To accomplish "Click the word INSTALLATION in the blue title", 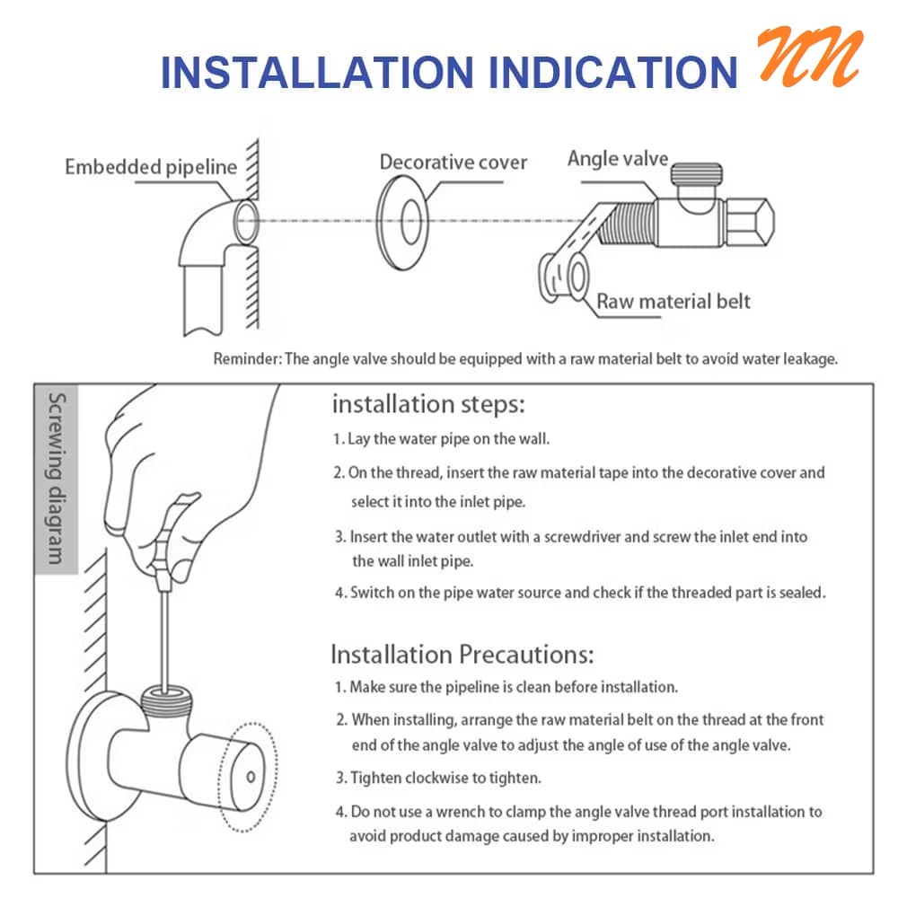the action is (317, 73).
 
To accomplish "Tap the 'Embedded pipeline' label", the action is (151, 167).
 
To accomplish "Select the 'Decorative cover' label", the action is (453, 162).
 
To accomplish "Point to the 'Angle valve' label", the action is (618, 158).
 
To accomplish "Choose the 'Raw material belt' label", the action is (673, 301).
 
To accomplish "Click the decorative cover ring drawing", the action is (402, 222).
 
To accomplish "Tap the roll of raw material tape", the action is (564, 277).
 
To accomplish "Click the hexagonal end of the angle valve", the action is (749, 222).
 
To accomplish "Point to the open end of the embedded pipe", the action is (247, 222).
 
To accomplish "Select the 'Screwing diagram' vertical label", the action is (56, 479).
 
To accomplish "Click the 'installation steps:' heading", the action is (428, 404).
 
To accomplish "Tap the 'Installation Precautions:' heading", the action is (462, 654).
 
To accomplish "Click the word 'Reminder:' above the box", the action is (248, 359).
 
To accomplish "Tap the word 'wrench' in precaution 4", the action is (465, 812).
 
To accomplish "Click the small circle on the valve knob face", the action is (251, 777).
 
